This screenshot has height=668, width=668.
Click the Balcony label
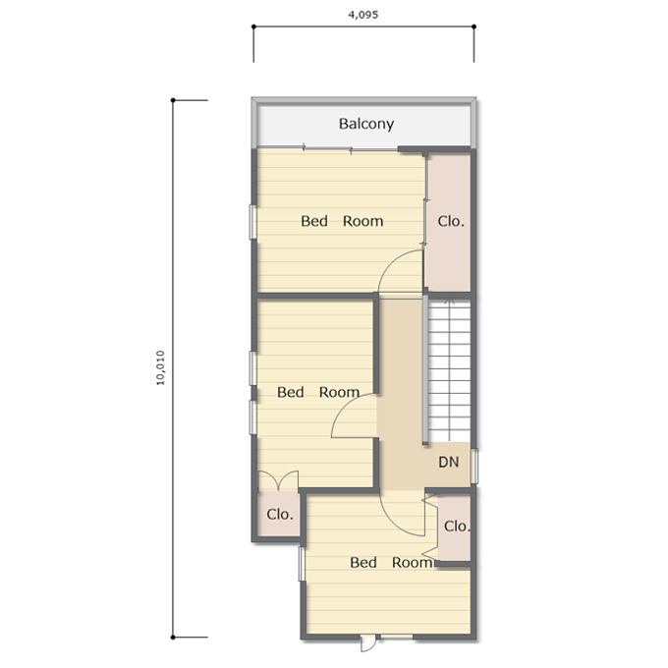tap(366, 124)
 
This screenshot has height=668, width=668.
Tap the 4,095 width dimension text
tap(362, 15)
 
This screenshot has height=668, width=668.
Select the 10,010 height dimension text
tap(160, 368)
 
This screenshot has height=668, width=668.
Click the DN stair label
tap(449, 462)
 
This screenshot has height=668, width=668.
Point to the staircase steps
tap(450, 370)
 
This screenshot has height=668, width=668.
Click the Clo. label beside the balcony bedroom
tap(451, 221)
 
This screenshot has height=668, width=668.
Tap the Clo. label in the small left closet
tap(280, 514)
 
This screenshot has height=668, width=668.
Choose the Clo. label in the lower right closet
tap(457, 527)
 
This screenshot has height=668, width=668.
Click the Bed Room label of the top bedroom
tap(342, 221)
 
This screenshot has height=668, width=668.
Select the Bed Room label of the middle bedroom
tap(318, 392)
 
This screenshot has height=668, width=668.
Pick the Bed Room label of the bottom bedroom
tap(391, 562)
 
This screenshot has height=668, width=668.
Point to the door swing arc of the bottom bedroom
tap(394, 522)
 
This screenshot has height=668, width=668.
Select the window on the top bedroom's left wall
tap(252, 222)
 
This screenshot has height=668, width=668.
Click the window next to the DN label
tap(474, 466)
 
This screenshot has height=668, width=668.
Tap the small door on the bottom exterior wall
tap(368, 642)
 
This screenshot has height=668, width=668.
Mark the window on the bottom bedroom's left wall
tap(302, 564)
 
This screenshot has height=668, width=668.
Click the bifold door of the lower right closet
tap(431, 529)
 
